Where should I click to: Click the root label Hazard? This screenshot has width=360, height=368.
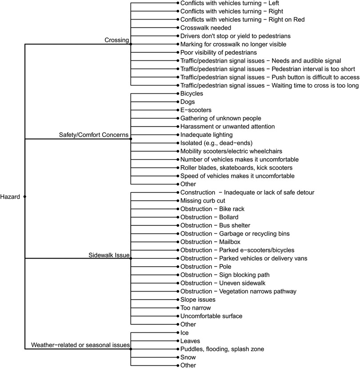(10, 196)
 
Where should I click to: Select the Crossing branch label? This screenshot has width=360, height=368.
(116, 40)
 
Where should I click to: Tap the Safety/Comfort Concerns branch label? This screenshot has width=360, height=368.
(93, 134)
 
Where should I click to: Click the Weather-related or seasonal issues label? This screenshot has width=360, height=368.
(80, 345)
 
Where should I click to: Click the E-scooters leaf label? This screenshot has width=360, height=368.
(196, 110)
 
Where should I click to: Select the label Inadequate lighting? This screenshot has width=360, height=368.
(207, 135)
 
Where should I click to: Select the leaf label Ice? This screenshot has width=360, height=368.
(184, 332)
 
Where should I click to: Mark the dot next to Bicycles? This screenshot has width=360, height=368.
(177, 94)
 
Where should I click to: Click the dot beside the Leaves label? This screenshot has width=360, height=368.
(177, 341)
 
